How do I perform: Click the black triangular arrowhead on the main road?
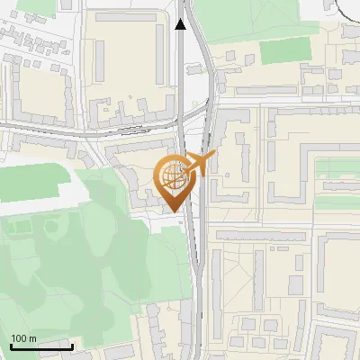click(181, 24)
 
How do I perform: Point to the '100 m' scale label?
click(23, 338)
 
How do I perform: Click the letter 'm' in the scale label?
click(32, 338)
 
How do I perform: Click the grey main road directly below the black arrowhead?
click(181, 72)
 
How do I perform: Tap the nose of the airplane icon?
click(214, 155)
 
